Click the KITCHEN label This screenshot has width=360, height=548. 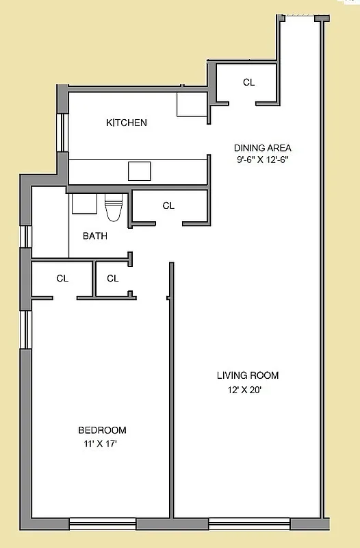(126, 123)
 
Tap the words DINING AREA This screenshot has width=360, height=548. (262, 148)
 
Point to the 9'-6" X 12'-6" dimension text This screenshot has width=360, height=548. (262, 160)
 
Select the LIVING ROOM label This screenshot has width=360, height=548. (248, 375)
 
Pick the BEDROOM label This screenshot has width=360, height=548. (102, 430)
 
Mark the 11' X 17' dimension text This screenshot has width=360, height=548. (102, 444)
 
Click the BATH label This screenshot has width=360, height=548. (94, 236)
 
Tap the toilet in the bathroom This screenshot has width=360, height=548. (113, 207)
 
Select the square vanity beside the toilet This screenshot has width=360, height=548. (84, 204)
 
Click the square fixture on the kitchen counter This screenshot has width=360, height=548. (140, 171)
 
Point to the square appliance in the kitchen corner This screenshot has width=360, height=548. (191, 105)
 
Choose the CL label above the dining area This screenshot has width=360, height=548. (248, 83)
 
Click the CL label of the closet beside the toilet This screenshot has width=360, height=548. (168, 206)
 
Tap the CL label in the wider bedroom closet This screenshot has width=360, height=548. (62, 279)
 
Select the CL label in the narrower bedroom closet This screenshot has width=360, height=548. (113, 279)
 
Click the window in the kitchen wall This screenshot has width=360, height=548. (62, 132)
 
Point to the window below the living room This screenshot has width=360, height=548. (249, 525)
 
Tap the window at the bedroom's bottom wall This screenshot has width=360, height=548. (103, 525)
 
